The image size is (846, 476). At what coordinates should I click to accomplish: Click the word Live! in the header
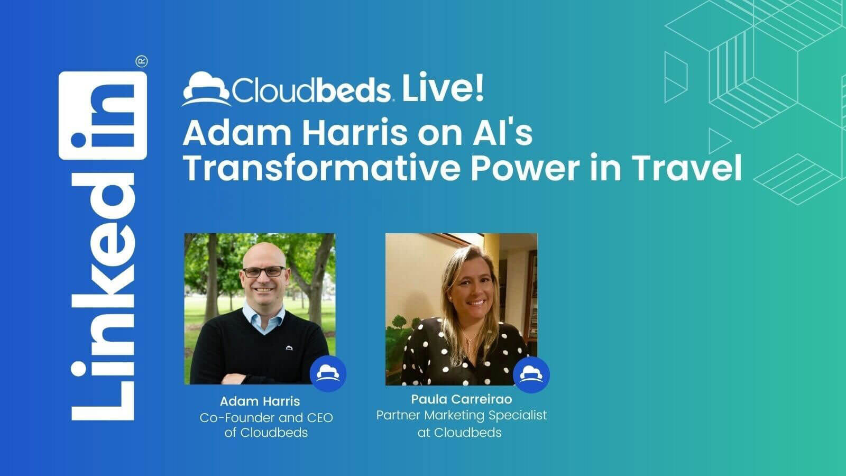pyautogui.click(x=443, y=87)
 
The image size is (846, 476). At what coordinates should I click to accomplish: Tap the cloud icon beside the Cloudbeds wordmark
pyautogui.click(x=206, y=89)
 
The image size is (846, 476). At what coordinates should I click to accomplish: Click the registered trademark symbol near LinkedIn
pyautogui.click(x=142, y=61)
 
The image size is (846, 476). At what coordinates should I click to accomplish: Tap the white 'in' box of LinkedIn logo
pyautogui.click(x=103, y=115)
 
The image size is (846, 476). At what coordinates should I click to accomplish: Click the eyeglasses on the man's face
pyautogui.click(x=264, y=272)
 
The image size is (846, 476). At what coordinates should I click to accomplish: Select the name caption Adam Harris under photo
pyautogui.click(x=260, y=401)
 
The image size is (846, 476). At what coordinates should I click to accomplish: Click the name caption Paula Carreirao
pyautogui.click(x=462, y=399)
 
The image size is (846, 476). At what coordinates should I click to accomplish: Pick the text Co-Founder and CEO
pyautogui.click(x=266, y=418)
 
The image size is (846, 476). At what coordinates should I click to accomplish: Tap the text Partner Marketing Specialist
pyautogui.click(x=462, y=415)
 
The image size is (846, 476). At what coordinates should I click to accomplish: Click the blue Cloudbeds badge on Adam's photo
pyautogui.click(x=328, y=373)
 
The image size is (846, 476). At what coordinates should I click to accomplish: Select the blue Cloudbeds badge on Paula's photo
pyautogui.click(x=531, y=375)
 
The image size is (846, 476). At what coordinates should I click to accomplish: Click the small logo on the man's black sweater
pyautogui.click(x=289, y=347)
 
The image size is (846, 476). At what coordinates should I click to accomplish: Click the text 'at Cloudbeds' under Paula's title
pyautogui.click(x=459, y=433)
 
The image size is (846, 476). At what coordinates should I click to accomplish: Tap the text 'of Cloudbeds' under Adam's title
pyautogui.click(x=266, y=433)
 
